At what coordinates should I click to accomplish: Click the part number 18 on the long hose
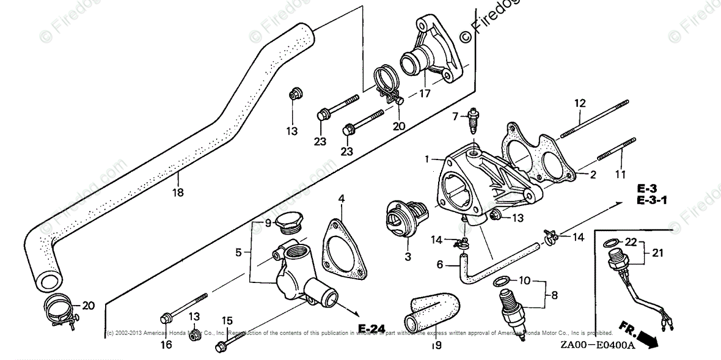(178, 192)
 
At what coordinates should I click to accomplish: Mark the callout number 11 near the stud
(621, 174)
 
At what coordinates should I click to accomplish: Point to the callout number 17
(424, 94)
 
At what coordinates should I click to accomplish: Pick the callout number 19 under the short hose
(436, 346)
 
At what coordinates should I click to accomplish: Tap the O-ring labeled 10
(499, 281)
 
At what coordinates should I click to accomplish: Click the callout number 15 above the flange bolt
(227, 320)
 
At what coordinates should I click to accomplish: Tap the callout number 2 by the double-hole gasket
(592, 175)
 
